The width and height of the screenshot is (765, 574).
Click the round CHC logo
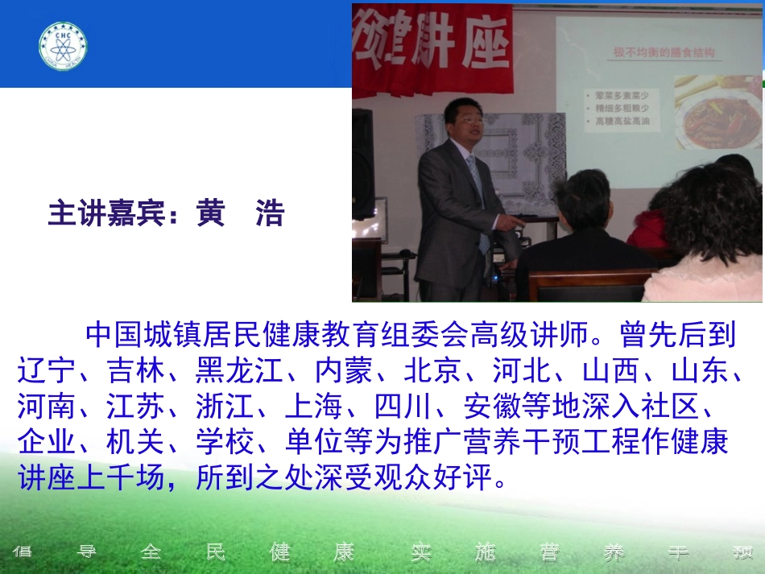pyautogui.click(x=63, y=45)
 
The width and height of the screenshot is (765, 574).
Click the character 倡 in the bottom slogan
pyautogui.click(x=22, y=552)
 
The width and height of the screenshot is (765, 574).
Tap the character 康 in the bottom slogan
pyautogui.click(x=344, y=552)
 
